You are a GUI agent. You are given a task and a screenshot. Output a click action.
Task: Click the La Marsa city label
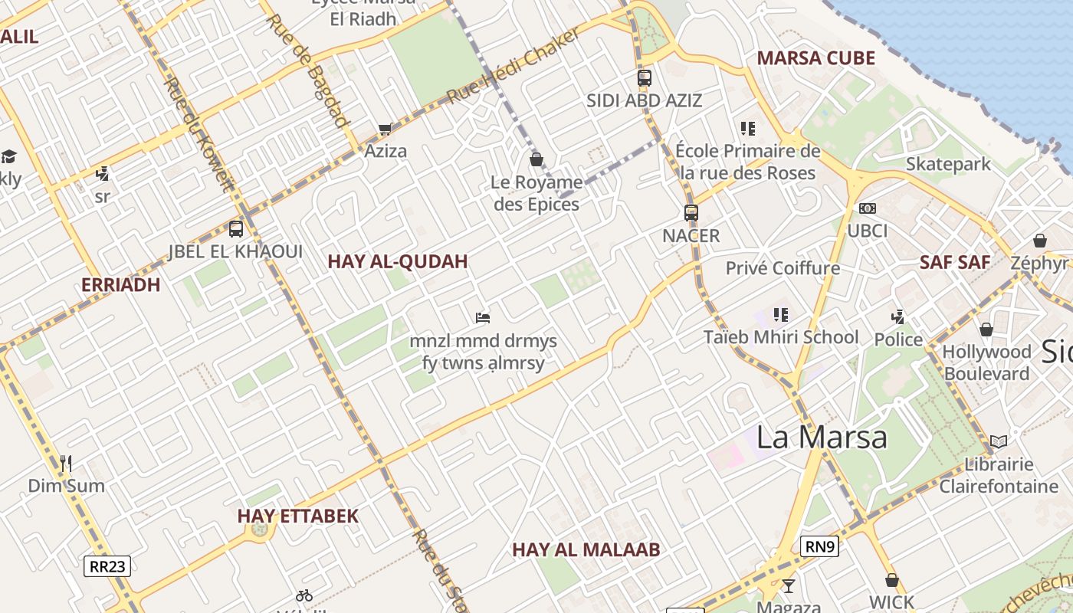(822, 437)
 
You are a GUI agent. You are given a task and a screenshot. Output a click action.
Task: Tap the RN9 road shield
(819, 546)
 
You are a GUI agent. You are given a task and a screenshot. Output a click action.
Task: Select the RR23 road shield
(107, 566)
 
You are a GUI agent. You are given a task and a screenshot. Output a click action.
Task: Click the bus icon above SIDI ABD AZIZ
(645, 77)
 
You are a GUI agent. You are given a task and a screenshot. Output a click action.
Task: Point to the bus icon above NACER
(691, 213)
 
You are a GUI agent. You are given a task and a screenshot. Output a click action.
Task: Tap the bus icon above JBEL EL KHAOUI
(236, 228)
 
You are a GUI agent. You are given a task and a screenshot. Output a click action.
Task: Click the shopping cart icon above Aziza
(385, 129)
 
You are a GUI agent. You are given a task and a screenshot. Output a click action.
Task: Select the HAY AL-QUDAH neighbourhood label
(398, 261)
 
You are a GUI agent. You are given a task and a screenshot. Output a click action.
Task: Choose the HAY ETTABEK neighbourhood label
(298, 516)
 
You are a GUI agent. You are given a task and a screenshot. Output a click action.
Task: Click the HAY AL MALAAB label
(586, 549)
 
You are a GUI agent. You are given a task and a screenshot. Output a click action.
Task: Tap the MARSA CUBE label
(815, 58)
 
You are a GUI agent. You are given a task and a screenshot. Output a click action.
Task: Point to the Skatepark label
(948, 164)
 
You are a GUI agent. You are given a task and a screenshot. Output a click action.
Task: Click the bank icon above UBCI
(868, 208)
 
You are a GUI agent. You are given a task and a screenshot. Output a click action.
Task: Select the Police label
(898, 339)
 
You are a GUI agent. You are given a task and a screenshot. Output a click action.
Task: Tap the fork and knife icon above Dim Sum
(66, 463)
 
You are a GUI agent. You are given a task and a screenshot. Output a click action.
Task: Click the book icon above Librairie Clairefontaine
(998, 441)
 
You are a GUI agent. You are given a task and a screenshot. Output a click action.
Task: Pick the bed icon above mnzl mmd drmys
(483, 317)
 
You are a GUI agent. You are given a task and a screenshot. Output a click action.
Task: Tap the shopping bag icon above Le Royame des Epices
(536, 159)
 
